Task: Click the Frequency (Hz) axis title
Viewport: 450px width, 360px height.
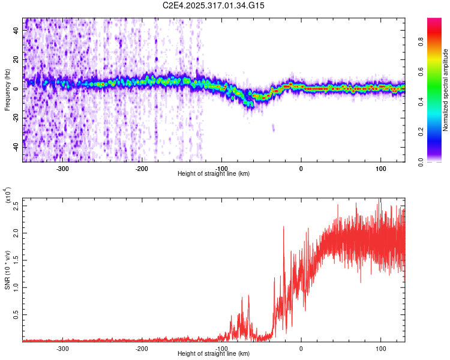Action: click(x=8, y=90)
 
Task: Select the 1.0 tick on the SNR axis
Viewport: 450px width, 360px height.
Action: click(x=17, y=287)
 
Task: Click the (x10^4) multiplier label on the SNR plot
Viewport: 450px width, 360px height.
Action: click(x=8, y=196)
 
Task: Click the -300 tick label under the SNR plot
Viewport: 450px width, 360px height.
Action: click(x=62, y=348)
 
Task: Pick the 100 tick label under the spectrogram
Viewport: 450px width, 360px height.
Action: click(x=381, y=169)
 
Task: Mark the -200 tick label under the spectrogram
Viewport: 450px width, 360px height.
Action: click(x=142, y=169)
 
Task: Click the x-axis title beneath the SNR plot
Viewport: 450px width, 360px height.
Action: click(x=214, y=354)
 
